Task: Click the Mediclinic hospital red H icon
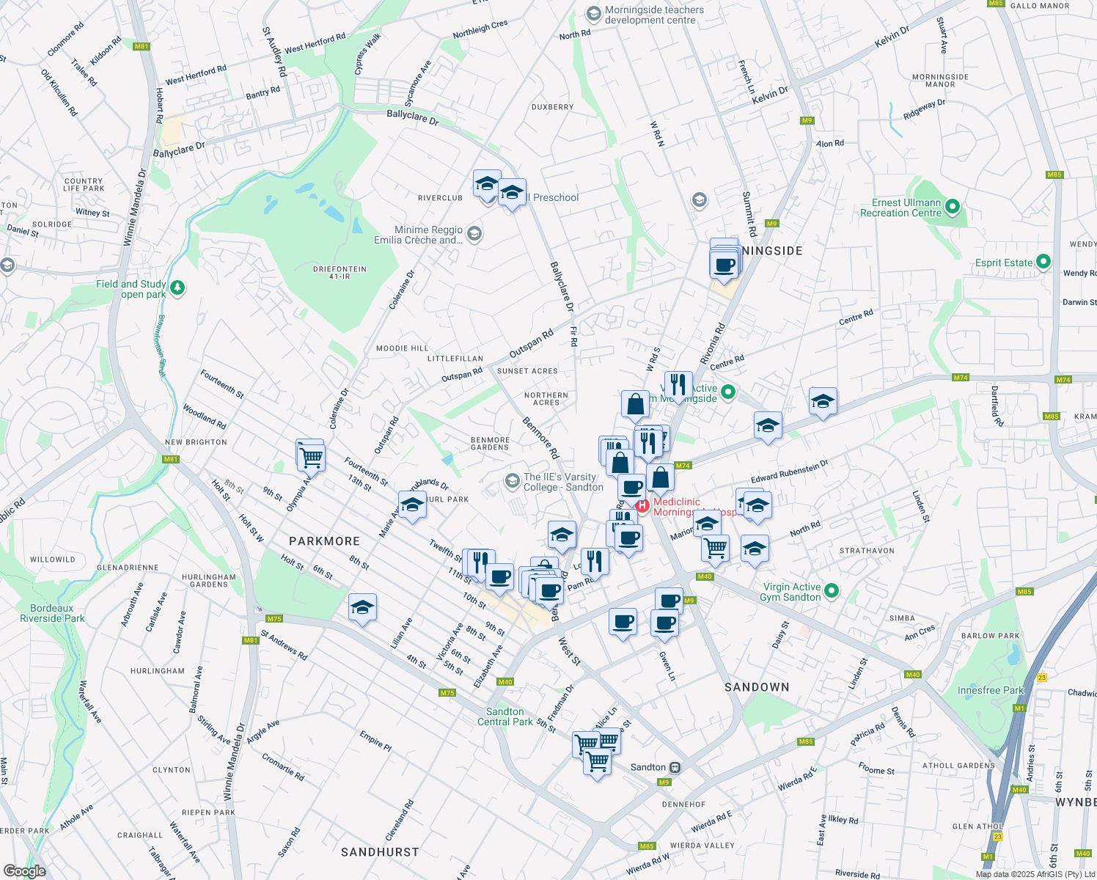pos(642,506)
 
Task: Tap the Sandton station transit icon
pos(675,768)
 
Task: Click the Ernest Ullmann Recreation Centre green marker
pos(953,207)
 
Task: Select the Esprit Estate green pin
pos(1043,262)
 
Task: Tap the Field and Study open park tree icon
pos(177,288)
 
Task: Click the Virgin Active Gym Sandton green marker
pos(832,591)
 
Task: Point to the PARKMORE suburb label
pos(324,541)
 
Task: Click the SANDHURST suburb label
pos(380,852)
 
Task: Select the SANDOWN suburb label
pos(757,687)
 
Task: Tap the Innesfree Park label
pos(990,690)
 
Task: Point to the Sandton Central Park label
pos(505,716)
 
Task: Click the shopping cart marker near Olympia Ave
pos(312,458)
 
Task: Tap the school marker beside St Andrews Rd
pos(362,608)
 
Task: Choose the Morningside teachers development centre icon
pos(593,14)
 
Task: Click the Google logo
pos(25,871)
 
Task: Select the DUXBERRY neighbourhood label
pos(552,107)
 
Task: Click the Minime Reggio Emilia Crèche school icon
pos(474,234)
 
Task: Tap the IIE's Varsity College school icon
pos(512,481)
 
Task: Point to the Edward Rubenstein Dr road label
pos(789,472)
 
